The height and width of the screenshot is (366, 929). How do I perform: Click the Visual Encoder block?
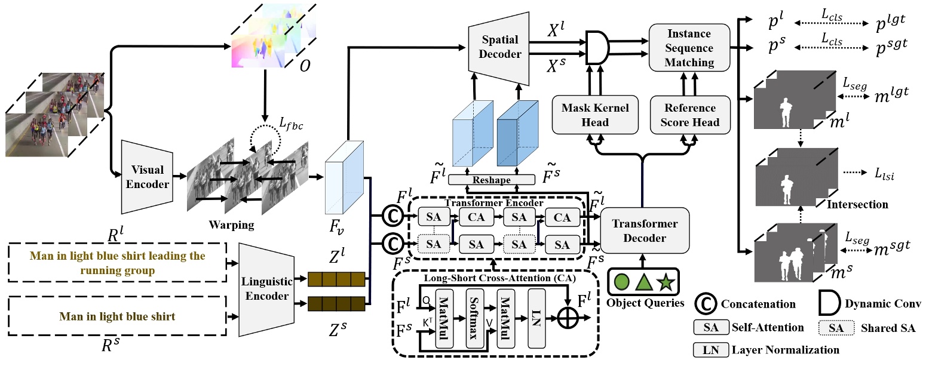147,177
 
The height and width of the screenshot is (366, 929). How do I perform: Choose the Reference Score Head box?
690,115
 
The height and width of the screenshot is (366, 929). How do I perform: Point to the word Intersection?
857,204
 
